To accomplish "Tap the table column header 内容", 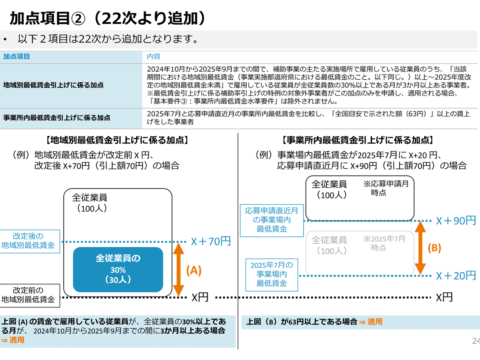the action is pyautogui.click(x=154, y=56).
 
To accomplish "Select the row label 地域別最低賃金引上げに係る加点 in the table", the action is pyautogui.click(x=53, y=85).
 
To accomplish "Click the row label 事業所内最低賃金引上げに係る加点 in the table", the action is pyautogui.click(x=56, y=118).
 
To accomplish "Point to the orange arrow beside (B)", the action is pyautogui.click(x=420, y=248).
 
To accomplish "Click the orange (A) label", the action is pyautogui.click(x=194, y=271).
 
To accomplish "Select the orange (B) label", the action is pyautogui.click(x=434, y=248).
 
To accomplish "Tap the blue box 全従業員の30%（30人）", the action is pyautogui.click(x=118, y=269).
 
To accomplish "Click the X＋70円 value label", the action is pyautogui.click(x=211, y=242).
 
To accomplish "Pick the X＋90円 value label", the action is pyautogui.click(x=456, y=220).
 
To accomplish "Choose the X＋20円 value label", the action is pyautogui.click(x=456, y=276).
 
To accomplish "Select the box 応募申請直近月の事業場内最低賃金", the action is pyautogui.click(x=272, y=220).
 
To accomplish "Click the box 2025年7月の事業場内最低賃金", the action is pyautogui.click(x=272, y=274).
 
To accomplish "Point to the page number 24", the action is pyautogui.click(x=476, y=341).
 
